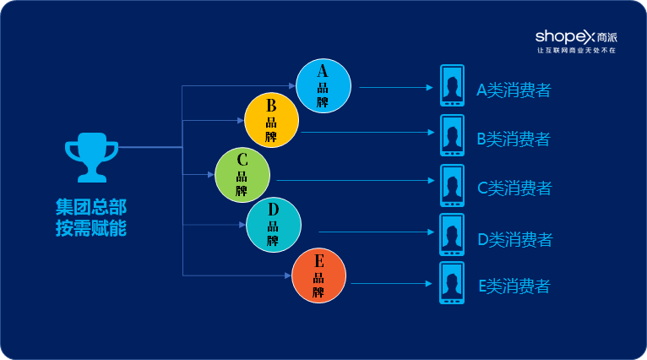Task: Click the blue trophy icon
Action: point(91,157)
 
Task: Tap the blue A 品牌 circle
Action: point(323,86)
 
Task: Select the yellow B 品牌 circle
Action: point(272,119)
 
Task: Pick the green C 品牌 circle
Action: point(242,174)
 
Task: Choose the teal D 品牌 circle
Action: point(274,224)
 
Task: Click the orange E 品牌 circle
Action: point(318,276)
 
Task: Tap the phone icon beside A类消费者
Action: point(452,86)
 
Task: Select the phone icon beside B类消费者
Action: point(452,135)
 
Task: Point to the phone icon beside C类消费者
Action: point(452,185)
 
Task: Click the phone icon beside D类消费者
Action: point(452,235)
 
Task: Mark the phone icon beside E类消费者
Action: point(452,283)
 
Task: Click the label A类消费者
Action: point(514,90)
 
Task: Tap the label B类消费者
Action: point(514,139)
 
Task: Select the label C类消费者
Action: point(514,188)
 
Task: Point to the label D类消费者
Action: point(514,239)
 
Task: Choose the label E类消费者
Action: point(514,286)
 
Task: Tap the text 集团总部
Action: point(91,207)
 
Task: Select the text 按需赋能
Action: point(91,227)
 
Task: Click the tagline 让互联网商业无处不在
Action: point(576,51)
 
